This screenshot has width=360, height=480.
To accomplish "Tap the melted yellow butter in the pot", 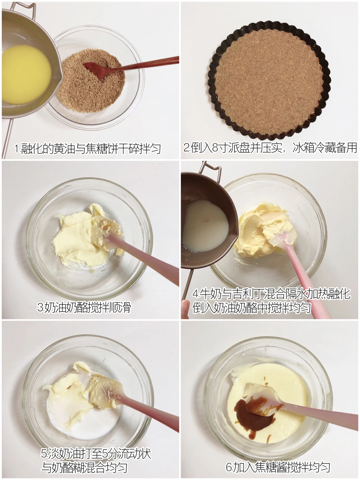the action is [x=26, y=74].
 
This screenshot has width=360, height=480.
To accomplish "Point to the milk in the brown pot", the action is [x=205, y=225].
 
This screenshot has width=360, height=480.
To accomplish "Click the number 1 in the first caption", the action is [x=17, y=148].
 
